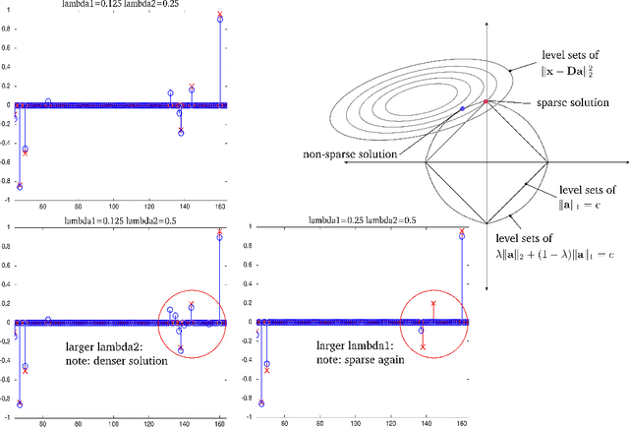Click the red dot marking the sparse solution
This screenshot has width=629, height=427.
pyautogui.click(x=486, y=101)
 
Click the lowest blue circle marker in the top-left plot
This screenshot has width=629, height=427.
pyautogui.click(x=19, y=187)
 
